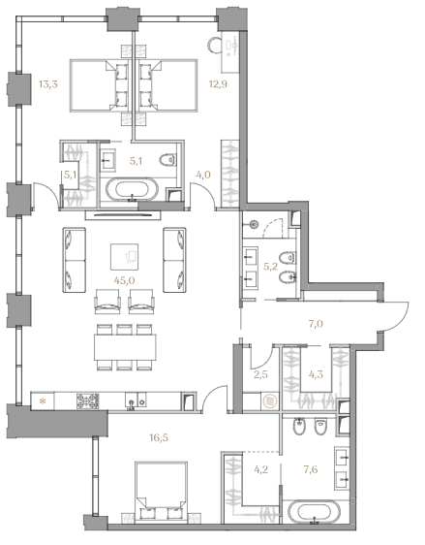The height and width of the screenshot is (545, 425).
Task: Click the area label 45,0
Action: coord(124,280)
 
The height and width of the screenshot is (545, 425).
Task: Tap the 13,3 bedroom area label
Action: coord(47,84)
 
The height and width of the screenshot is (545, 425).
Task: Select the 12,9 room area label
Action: coord(218,84)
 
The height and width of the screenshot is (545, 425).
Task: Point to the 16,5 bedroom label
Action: coord(159,437)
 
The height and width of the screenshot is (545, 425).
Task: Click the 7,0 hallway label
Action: coord(316,324)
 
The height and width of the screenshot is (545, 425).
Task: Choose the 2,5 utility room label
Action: coord(260,374)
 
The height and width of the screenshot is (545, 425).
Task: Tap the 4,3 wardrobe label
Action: coord(316,374)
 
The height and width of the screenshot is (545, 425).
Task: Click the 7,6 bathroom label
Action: coord(311,469)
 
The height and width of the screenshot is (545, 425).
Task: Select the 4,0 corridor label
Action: coord(203,175)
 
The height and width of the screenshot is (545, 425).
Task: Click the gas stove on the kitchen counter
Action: coord(87,401)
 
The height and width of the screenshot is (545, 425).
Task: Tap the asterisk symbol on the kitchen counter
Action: coord(43,401)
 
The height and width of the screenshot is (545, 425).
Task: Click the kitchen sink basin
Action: coord(131,401)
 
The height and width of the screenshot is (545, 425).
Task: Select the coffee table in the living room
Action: coord(124,257)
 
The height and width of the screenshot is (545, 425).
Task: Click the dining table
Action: coord(125,347)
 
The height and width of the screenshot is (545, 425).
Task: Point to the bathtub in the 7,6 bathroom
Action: coord(315,512)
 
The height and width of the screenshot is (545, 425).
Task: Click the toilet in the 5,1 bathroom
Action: coord(167,160)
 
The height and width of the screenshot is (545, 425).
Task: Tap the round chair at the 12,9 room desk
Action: coord(216,46)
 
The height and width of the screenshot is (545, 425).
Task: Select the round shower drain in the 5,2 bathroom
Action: coord(255,224)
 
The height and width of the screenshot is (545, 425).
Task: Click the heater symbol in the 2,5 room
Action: coord(270,402)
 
